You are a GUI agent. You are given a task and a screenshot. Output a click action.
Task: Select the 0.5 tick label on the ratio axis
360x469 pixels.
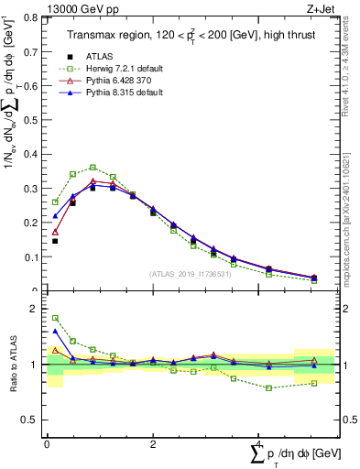tap(33, 420)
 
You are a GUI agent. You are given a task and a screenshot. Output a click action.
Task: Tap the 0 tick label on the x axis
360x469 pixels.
tap(47, 443)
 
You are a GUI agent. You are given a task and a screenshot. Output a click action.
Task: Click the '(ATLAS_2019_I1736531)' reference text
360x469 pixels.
tap(190, 274)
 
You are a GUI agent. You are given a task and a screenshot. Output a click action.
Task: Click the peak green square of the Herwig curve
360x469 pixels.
tap(93, 168)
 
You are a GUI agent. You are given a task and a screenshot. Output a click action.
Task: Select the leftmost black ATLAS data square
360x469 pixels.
tap(55, 241)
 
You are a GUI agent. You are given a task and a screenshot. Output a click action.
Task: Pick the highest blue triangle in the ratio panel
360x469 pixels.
tap(55, 331)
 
